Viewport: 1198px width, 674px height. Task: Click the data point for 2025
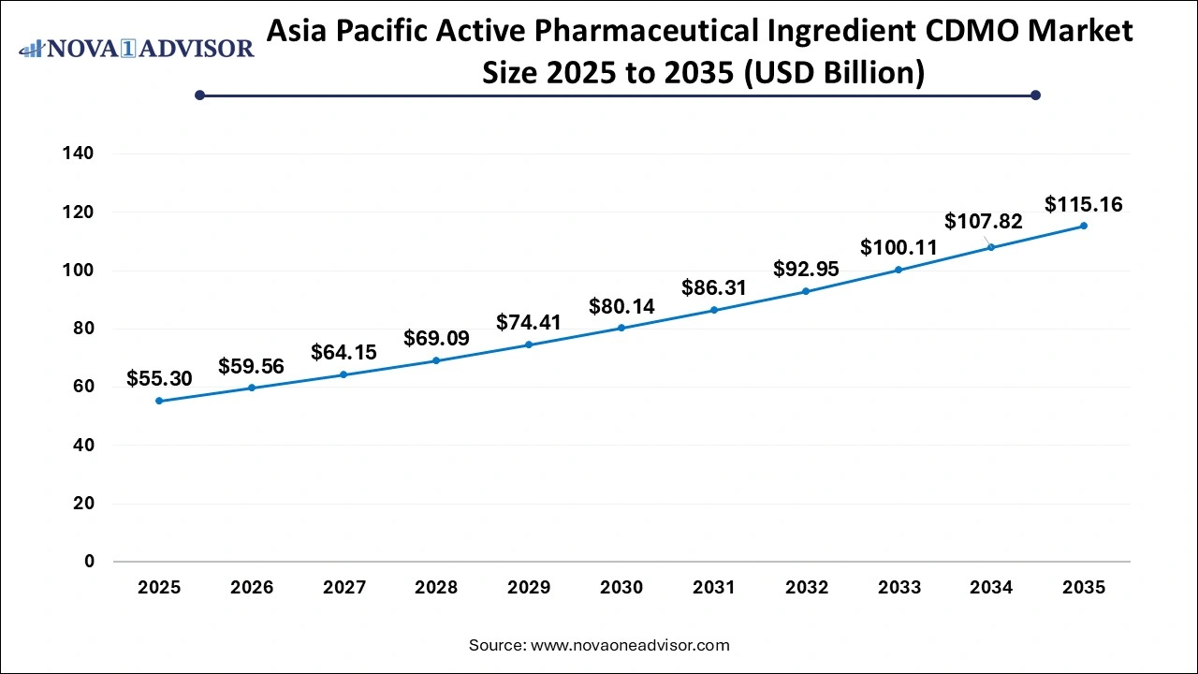pyautogui.click(x=159, y=401)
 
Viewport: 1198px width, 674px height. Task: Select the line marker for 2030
pyautogui.click(x=621, y=328)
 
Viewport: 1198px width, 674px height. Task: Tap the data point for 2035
pyautogui.click(x=1084, y=226)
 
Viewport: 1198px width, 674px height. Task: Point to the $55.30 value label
pyautogui.click(x=159, y=379)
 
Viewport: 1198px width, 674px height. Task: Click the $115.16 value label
pyautogui.click(x=1084, y=204)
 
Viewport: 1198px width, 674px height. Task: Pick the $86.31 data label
pyautogui.click(x=714, y=288)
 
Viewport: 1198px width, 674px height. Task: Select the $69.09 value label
pyautogui.click(x=436, y=338)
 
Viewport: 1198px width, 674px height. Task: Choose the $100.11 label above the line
pyautogui.click(x=898, y=248)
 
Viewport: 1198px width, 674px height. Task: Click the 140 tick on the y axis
pyautogui.click(x=80, y=154)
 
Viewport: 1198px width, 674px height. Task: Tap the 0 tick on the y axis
pyautogui.click(x=90, y=562)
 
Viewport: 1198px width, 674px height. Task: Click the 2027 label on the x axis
pyautogui.click(x=343, y=588)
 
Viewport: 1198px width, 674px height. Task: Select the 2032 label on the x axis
pyautogui.click(x=807, y=588)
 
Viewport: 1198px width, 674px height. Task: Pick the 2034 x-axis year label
pyautogui.click(x=991, y=588)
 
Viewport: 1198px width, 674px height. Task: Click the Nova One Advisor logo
pyautogui.click(x=137, y=48)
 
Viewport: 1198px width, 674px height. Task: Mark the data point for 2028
pyautogui.click(x=436, y=360)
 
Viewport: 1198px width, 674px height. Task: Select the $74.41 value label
pyautogui.click(x=529, y=323)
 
